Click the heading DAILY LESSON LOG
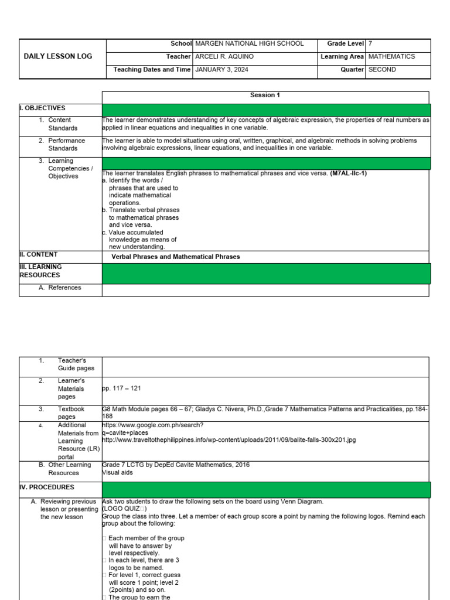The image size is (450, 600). coord(57,56)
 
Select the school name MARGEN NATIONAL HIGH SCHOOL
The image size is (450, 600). coord(249,43)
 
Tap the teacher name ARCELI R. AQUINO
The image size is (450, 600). coord(225,57)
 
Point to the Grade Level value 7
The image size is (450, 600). coord(370,43)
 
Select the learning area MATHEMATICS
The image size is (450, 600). coord(391,57)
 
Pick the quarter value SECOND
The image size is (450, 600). coord(382,70)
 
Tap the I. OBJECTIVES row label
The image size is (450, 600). coord(42,108)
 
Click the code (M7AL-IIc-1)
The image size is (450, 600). coord(349,173)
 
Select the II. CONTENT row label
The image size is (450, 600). coord(39,255)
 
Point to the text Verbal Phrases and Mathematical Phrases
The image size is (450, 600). coord(176,257)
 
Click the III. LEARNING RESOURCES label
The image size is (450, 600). coord(41,271)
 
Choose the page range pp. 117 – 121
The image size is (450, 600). coord(122,388)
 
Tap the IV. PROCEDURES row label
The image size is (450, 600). coord(47,487)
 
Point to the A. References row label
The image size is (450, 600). coord(60,288)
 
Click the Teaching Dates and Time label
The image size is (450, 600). coord(152,70)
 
